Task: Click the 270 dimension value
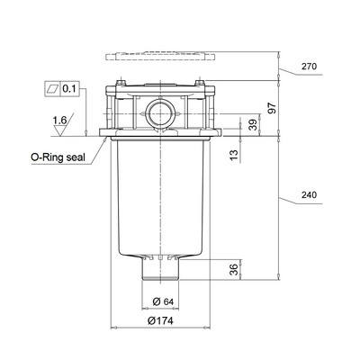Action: [x=309, y=67]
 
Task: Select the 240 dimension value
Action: [x=309, y=195]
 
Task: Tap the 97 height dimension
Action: [x=272, y=108]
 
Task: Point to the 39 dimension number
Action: [x=254, y=125]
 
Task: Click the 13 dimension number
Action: [x=235, y=154]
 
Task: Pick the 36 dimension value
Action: [x=234, y=269]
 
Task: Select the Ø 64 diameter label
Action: [x=163, y=301]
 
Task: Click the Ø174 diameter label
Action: [x=160, y=320]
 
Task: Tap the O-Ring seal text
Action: [x=58, y=157]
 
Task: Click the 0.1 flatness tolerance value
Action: [x=69, y=89]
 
